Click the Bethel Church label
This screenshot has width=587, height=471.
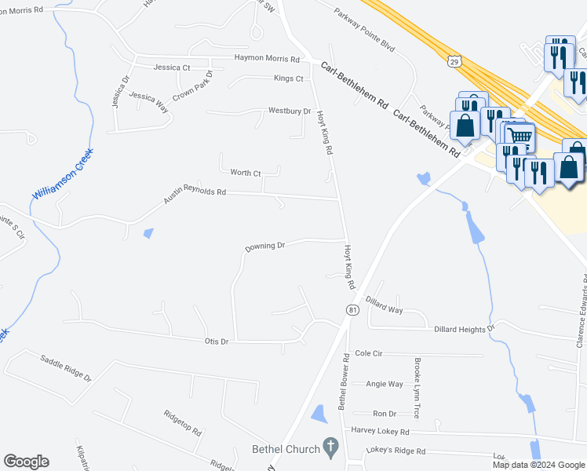click(x=286, y=449)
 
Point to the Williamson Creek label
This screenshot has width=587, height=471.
click(x=62, y=173)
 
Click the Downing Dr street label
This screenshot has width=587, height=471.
click(x=264, y=246)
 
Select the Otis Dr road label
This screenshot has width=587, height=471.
click(x=216, y=341)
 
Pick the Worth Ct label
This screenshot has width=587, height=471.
click(x=245, y=172)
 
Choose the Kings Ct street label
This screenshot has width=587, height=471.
click(x=288, y=78)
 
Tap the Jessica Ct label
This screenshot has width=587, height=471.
click(x=172, y=68)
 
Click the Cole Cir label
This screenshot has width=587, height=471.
click(x=368, y=354)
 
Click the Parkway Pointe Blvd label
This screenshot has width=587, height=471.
click(x=363, y=26)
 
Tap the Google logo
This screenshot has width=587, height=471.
click(x=26, y=462)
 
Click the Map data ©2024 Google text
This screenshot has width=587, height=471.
click(x=538, y=465)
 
